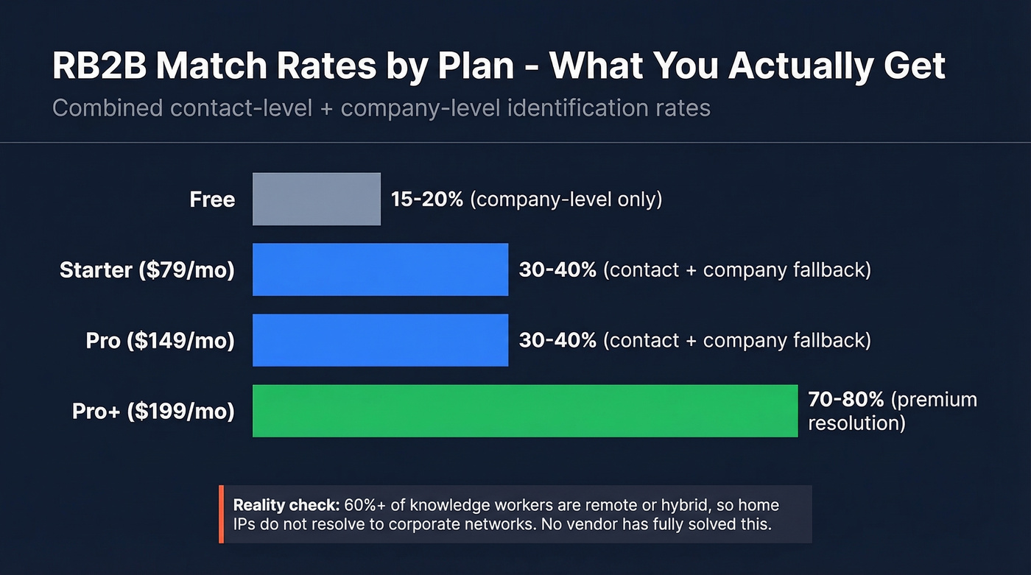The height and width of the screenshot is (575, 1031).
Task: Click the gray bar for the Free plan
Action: tap(317, 199)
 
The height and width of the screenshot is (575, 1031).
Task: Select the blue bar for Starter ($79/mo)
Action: tap(380, 269)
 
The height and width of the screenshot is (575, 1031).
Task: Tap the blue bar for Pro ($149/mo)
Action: tap(380, 340)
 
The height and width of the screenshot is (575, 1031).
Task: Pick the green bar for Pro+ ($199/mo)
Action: tap(524, 411)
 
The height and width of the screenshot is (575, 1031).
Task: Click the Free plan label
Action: tap(212, 200)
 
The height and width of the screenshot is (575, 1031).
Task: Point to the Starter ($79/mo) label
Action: tap(147, 270)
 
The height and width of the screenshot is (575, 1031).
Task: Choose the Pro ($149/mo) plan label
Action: tap(160, 341)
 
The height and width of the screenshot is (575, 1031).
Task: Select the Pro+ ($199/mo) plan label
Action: tap(153, 412)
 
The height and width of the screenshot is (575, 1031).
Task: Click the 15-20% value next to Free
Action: tap(427, 200)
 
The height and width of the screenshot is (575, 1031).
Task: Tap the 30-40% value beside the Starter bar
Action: tap(557, 270)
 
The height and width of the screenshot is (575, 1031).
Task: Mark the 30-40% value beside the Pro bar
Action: tap(557, 341)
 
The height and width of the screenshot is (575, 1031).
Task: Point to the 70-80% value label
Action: tap(846, 400)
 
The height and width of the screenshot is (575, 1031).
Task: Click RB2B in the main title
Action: tap(96, 66)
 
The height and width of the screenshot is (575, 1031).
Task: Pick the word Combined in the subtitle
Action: tap(108, 108)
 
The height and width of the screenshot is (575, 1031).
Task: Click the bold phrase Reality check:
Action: tap(286, 506)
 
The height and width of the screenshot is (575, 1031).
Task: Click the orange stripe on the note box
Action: tap(221, 514)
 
